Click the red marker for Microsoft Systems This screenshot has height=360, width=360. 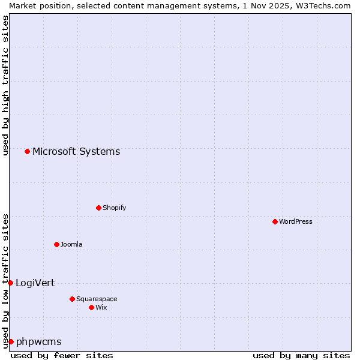(x=28, y=151)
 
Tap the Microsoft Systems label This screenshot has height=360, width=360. (x=76, y=152)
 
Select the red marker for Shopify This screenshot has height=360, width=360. (x=98, y=208)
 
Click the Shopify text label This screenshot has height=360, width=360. (x=114, y=208)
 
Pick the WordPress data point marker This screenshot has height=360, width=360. (x=275, y=221)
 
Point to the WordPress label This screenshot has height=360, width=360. (x=295, y=222)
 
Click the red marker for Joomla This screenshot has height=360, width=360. (x=56, y=244)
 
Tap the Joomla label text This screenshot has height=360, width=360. (x=71, y=245)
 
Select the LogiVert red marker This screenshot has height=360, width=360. (x=10, y=283)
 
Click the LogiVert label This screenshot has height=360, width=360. (x=35, y=283)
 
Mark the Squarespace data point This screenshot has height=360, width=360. (x=72, y=299)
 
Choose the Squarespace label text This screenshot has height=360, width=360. (x=97, y=299)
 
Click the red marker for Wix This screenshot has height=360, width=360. (x=91, y=307)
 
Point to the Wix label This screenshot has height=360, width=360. (x=101, y=308)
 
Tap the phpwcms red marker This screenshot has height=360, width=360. (x=11, y=341)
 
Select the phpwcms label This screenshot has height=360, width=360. (x=38, y=342)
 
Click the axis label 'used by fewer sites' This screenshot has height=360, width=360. (x=62, y=355)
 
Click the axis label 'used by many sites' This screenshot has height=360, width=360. (x=301, y=355)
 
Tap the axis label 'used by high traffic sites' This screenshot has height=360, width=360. (x=5, y=85)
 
